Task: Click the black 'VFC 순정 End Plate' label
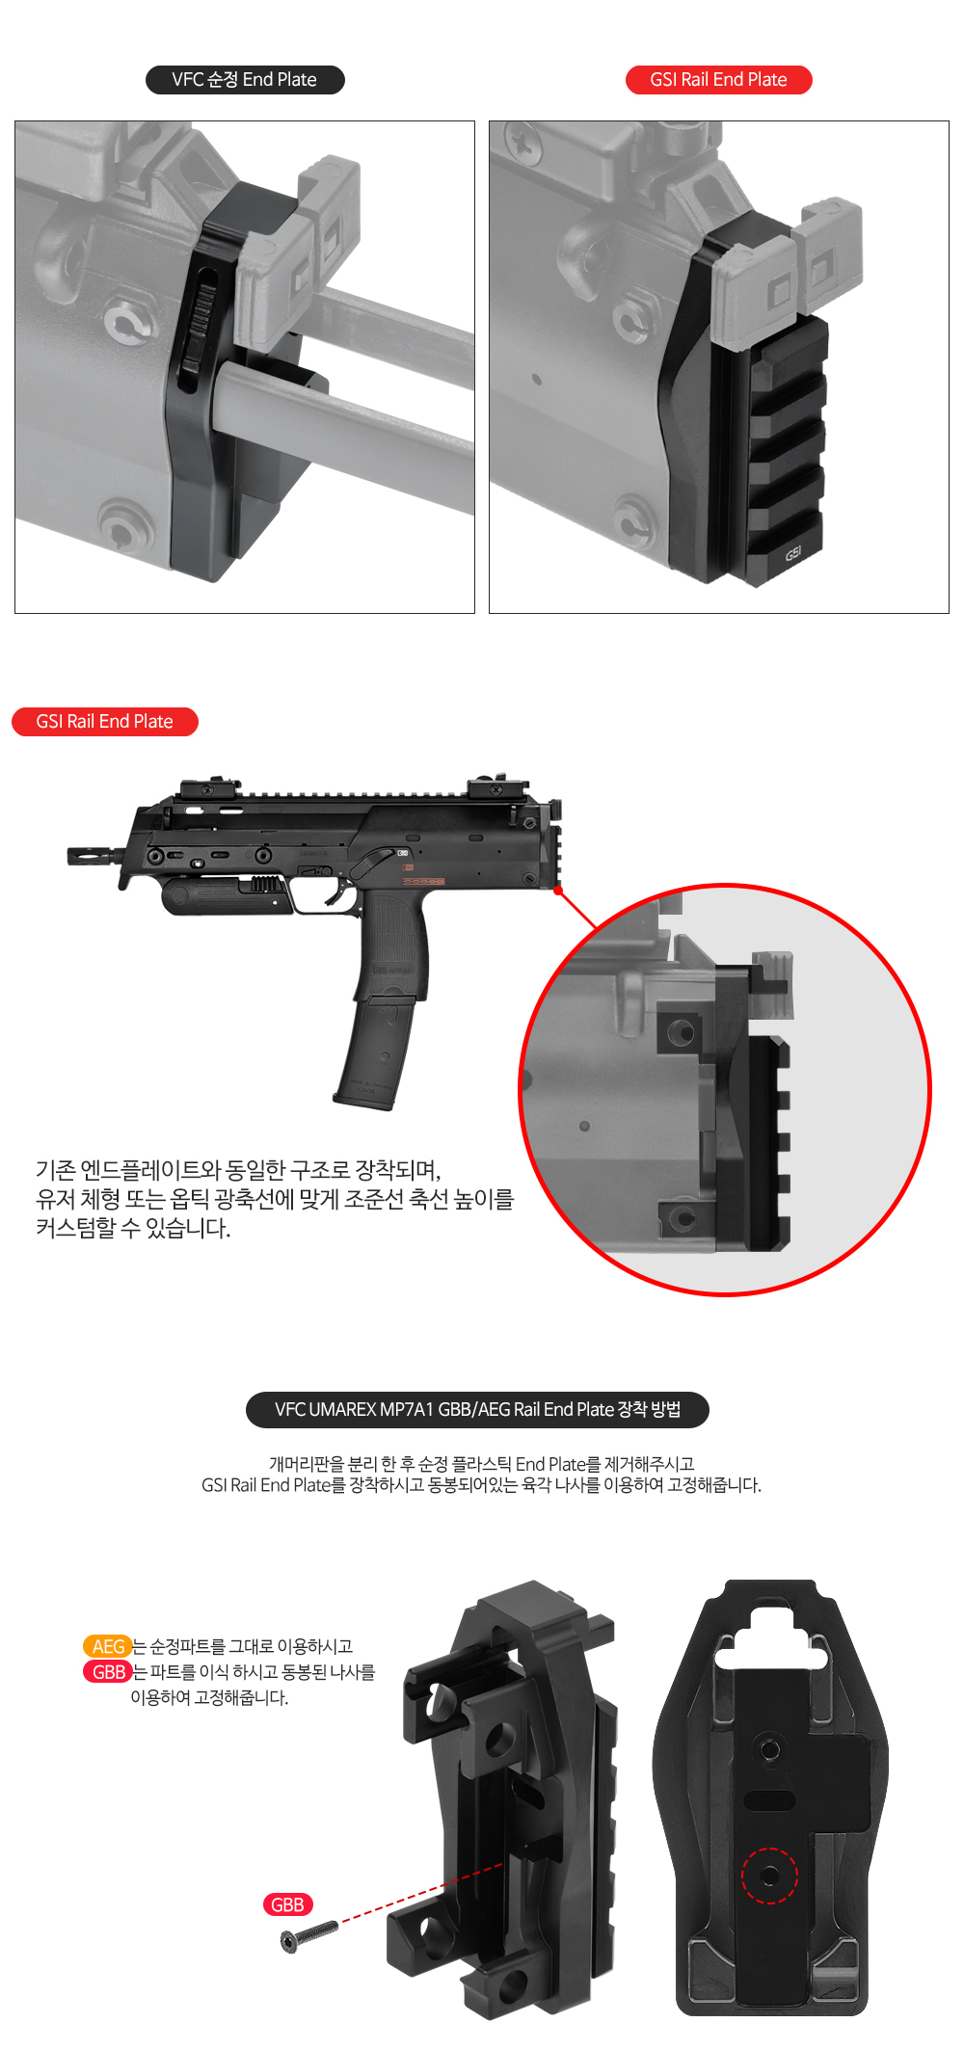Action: (245, 80)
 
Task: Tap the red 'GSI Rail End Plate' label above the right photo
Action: (719, 80)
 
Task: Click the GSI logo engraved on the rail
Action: (792, 553)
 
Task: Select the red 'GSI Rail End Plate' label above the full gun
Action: (105, 722)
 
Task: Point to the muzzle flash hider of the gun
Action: (92, 855)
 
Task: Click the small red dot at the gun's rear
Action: (558, 891)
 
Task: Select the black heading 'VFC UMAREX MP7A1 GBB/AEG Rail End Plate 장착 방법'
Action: (478, 1410)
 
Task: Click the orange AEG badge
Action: (108, 1646)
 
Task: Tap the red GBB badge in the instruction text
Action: (108, 1672)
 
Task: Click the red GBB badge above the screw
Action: (287, 1904)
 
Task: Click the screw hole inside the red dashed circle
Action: (769, 1876)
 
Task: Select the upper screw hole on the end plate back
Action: (769, 1749)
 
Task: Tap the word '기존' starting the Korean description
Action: (55, 1170)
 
